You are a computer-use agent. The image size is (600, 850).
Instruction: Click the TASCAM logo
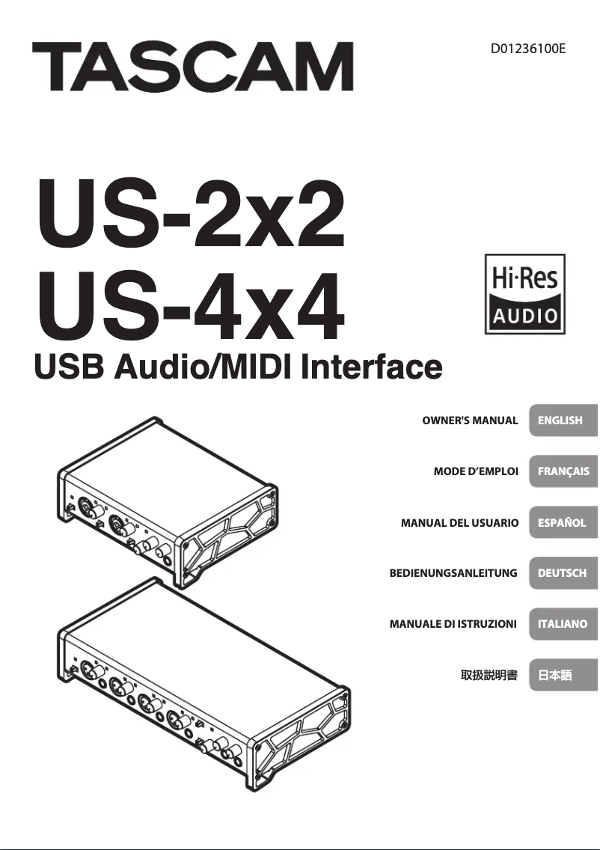pos(192,67)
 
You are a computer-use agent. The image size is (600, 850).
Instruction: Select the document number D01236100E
pos(528,49)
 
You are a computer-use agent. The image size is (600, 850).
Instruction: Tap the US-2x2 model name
pos(191,216)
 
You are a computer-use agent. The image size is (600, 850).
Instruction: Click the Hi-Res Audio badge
pos(524,294)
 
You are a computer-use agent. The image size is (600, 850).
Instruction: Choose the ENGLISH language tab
pos(563,421)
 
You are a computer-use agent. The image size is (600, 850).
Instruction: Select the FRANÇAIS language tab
pos(563,471)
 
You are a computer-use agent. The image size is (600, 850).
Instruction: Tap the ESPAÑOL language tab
pos(563,523)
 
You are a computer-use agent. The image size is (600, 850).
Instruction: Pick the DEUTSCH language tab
pos(563,573)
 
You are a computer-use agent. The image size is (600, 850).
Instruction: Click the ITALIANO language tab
pos(563,623)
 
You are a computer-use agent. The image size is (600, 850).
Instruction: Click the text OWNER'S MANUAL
pos(470,421)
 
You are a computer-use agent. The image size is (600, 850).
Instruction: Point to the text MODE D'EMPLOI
pos(476,471)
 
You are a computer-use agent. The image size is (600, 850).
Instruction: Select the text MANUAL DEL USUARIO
pos(459,523)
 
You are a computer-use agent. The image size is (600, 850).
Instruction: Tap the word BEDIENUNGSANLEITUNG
pos(453,573)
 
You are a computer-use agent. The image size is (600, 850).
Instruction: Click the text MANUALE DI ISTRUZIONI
pos(453,623)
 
